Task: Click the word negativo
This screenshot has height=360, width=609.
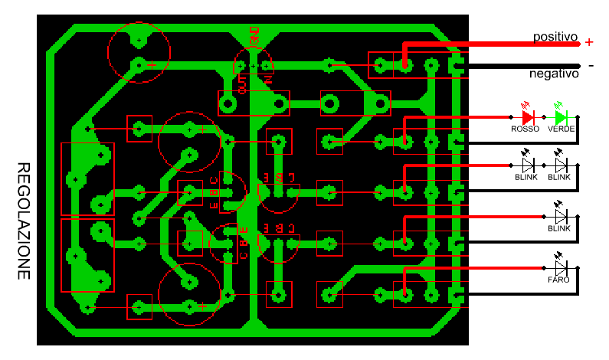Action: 553,74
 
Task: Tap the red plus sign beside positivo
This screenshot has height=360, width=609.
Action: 588,42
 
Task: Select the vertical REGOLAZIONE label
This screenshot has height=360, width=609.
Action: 24,221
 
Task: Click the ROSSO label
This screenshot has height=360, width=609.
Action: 526,129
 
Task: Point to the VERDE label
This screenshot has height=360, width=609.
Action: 561,129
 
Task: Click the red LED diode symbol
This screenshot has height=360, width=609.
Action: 527,117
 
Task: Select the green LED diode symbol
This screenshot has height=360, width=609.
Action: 561,117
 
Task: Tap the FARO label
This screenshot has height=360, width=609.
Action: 558,280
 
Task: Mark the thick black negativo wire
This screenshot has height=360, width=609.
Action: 521,67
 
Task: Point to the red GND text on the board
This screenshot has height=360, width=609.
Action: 254,34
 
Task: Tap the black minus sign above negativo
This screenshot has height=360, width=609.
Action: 591,65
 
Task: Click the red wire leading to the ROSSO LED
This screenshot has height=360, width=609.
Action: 460,117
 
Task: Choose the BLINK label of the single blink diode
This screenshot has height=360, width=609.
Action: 560,228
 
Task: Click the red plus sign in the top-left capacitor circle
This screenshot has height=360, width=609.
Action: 152,65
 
